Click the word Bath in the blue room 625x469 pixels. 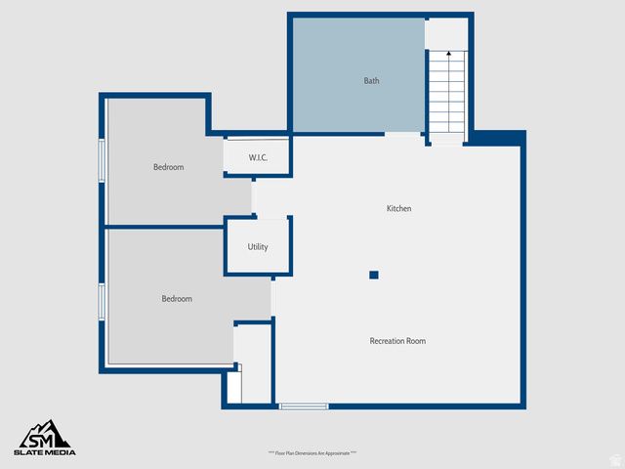tap(371, 81)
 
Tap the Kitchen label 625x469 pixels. tap(398, 209)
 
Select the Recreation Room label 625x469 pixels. tap(397, 341)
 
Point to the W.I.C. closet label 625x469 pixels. tap(258, 157)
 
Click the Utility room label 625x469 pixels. tap(258, 247)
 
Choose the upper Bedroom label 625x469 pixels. tap(168, 167)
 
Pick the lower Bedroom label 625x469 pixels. tap(177, 299)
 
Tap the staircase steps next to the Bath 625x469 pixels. tap(447, 93)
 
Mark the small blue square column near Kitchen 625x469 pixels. tap(373, 276)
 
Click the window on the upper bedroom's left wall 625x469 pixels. tap(102, 160)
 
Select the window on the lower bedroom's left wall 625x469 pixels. tap(102, 301)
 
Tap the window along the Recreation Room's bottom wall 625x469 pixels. tap(304, 405)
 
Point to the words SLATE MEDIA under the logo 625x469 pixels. tap(45, 452)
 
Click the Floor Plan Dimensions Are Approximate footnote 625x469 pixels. tap(312, 453)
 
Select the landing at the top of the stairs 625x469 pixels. tap(446, 33)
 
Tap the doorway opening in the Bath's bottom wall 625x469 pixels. tap(404, 134)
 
